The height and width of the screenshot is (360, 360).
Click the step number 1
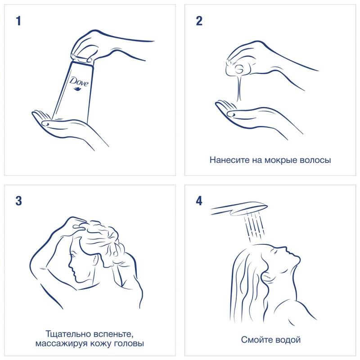pyautogui.click(x=18, y=21)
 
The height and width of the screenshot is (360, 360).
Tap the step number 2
pyautogui.click(x=199, y=21)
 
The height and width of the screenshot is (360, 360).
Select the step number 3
pyautogui.click(x=18, y=201)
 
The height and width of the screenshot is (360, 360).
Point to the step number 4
pyautogui.click(x=199, y=201)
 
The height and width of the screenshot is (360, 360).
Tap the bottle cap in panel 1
pyautogui.click(x=82, y=58)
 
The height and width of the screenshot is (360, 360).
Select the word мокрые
pyautogui.click(x=278, y=161)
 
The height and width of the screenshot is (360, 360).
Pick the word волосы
pyautogui.click(x=312, y=161)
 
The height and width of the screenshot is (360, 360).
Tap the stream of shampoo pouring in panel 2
pyautogui.click(x=239, y=87)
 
